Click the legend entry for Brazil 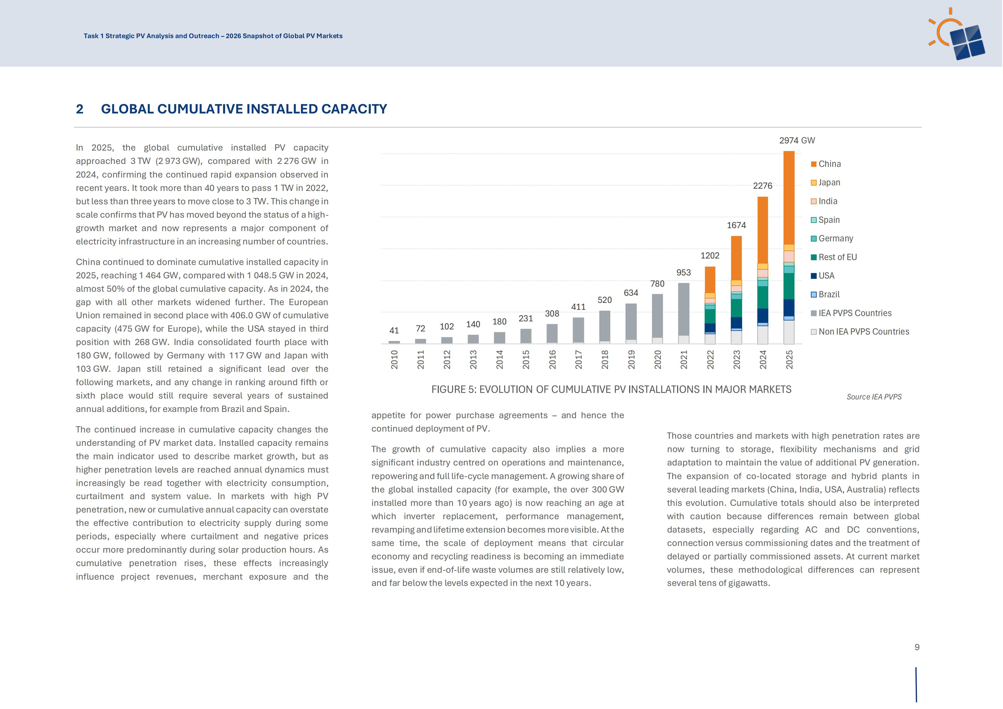(x=825, y=294)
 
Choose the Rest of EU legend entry (x=833, y=257)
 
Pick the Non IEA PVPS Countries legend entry (x=860, y=332)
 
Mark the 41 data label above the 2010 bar (x=394, y=331)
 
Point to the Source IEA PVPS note (x=874, y=397)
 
